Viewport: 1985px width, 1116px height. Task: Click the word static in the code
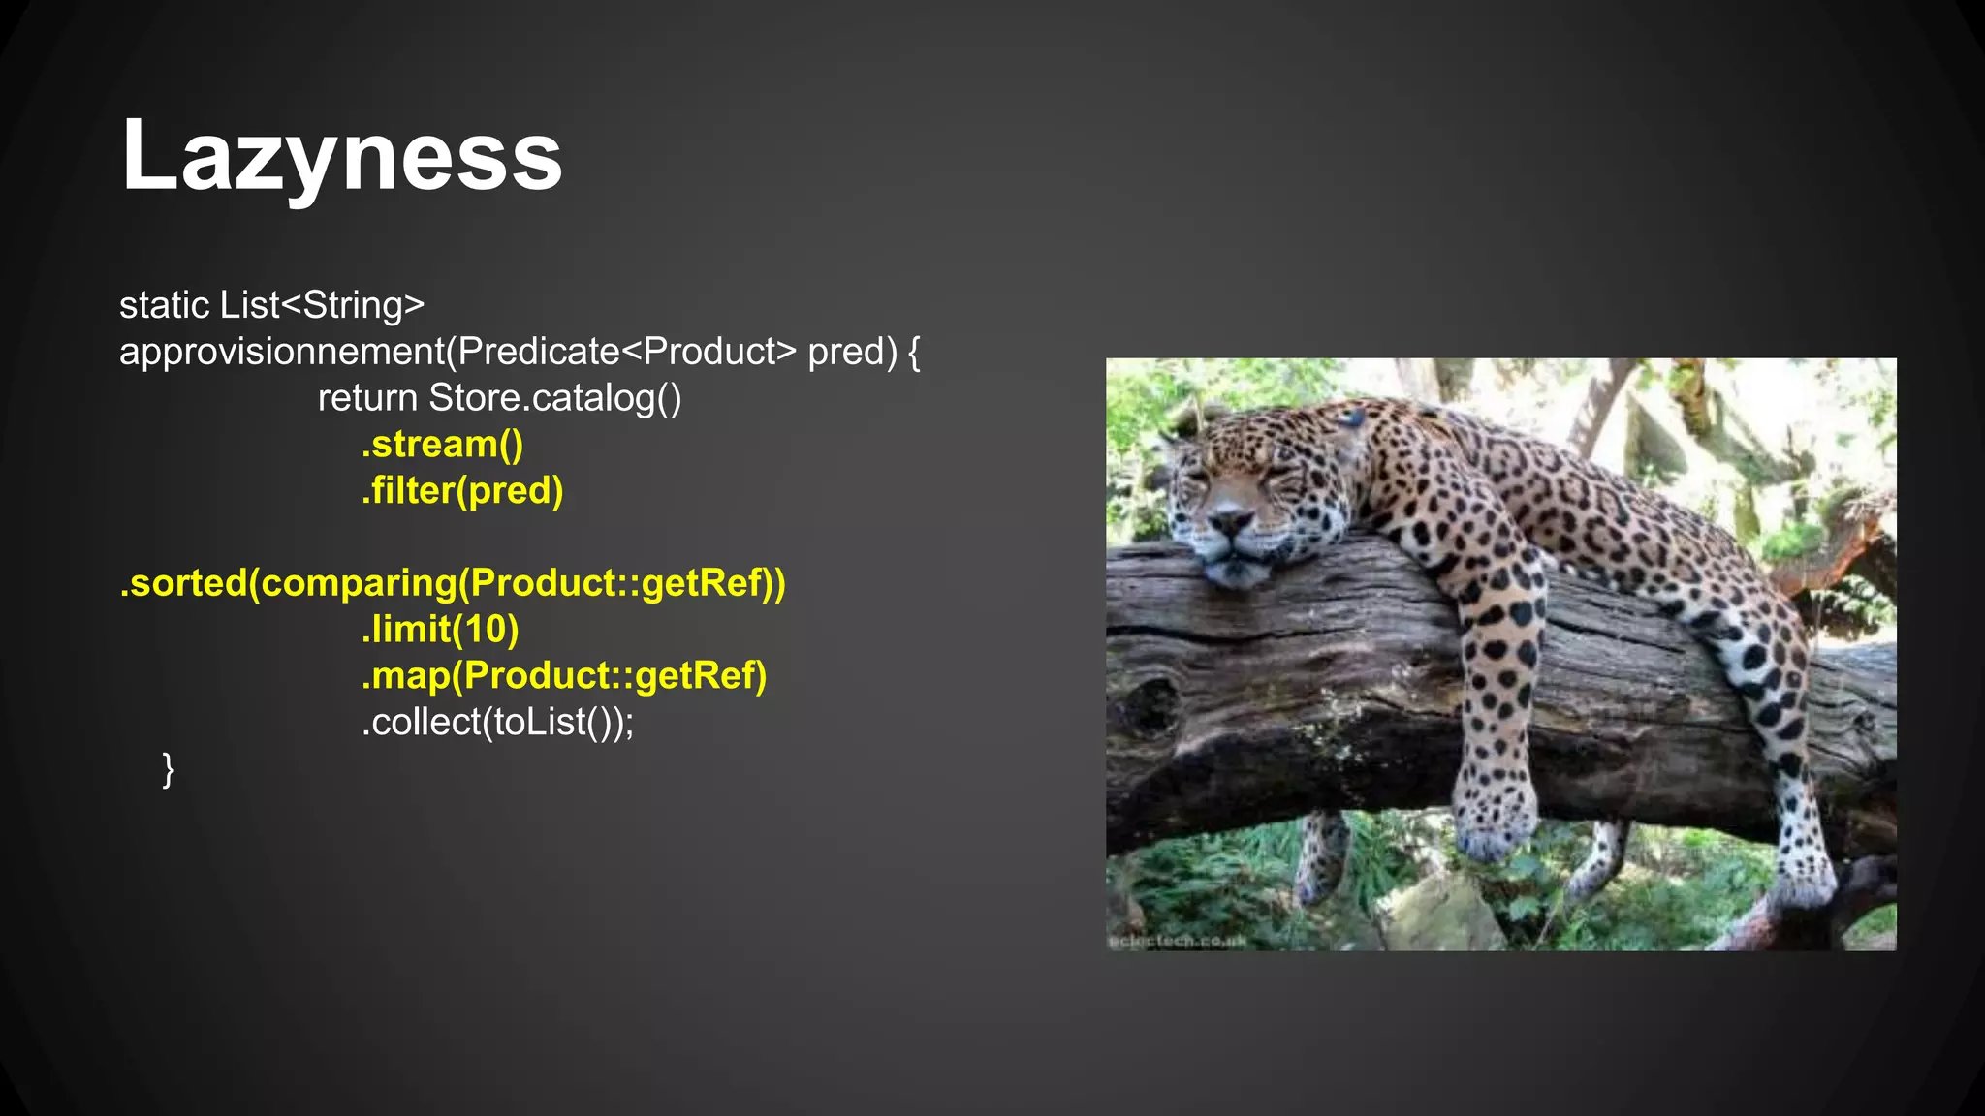point(164,305)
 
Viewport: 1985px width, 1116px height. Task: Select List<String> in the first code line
point(322,305)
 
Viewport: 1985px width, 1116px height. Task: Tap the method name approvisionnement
point(281,352)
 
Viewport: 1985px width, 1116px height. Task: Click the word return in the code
point(367,398)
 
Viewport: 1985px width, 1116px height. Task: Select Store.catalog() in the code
point(555,398)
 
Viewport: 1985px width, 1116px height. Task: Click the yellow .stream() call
point(442,445)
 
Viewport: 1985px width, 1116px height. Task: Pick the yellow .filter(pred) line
point(462,491)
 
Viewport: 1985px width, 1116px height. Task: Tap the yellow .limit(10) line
point(440,630)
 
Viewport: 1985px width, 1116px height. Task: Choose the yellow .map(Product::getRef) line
point(564,676)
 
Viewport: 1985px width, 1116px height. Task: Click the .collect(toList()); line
point(497,723)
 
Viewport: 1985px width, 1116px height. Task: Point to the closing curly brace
point(169,769)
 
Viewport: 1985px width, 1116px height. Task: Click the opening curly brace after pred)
point(914,352)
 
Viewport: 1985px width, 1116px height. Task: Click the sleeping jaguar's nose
point(1232,523)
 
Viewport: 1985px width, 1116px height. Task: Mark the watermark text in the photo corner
point(1177,941)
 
